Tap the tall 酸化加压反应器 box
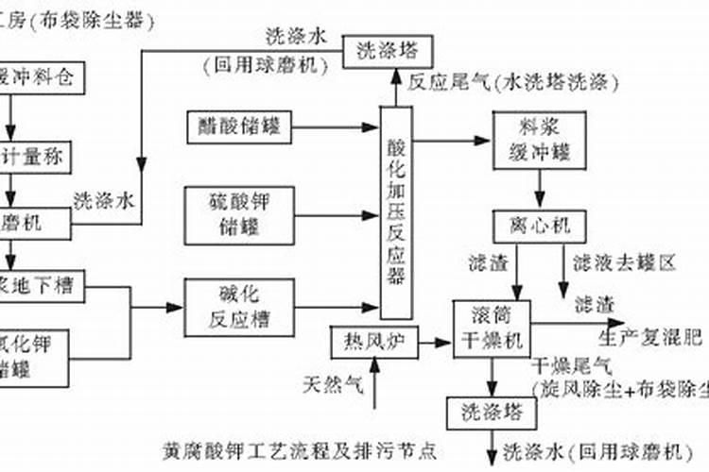396,211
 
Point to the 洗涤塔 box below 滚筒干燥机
492,412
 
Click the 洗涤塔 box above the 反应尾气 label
387,50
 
